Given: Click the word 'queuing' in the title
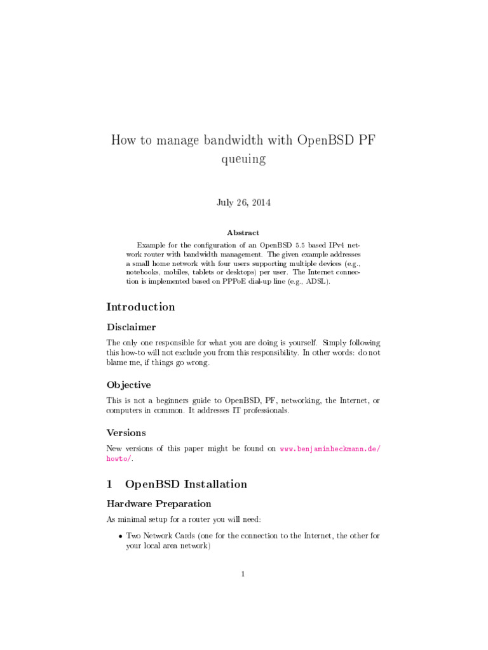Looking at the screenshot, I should pyautogui.click(x=243, y=159).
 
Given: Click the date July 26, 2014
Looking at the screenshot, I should pyautogui.click(x=243, y=202).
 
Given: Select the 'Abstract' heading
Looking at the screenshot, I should pyautogui.click(x=243, y=233).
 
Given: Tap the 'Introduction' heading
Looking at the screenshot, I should pyautogui.click(x=140, y=307).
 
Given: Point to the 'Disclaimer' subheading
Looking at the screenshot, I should pyautogui.click(x=131, y=328).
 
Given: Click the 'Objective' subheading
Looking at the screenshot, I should pyautogui.click(x=128, y=385).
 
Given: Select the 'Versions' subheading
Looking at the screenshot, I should pyautogui.click(x=126, y=433).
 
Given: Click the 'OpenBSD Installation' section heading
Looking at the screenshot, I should pyautogui.click(x=186, y=484).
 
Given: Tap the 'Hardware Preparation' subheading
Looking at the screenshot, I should pyautogui.click(x=158, y=504).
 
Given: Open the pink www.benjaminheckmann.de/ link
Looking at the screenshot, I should pyautogui.click(x=330, y=449).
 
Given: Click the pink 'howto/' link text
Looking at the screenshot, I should pyautogui.click(x=119, y=458).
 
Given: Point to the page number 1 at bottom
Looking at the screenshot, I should pyautogui.click(x=243, y=574).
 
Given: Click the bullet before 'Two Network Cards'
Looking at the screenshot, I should pyautogui.click(x=120, y=536).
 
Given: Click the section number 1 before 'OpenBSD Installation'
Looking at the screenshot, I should pyautogui.click(x=109, y=484).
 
